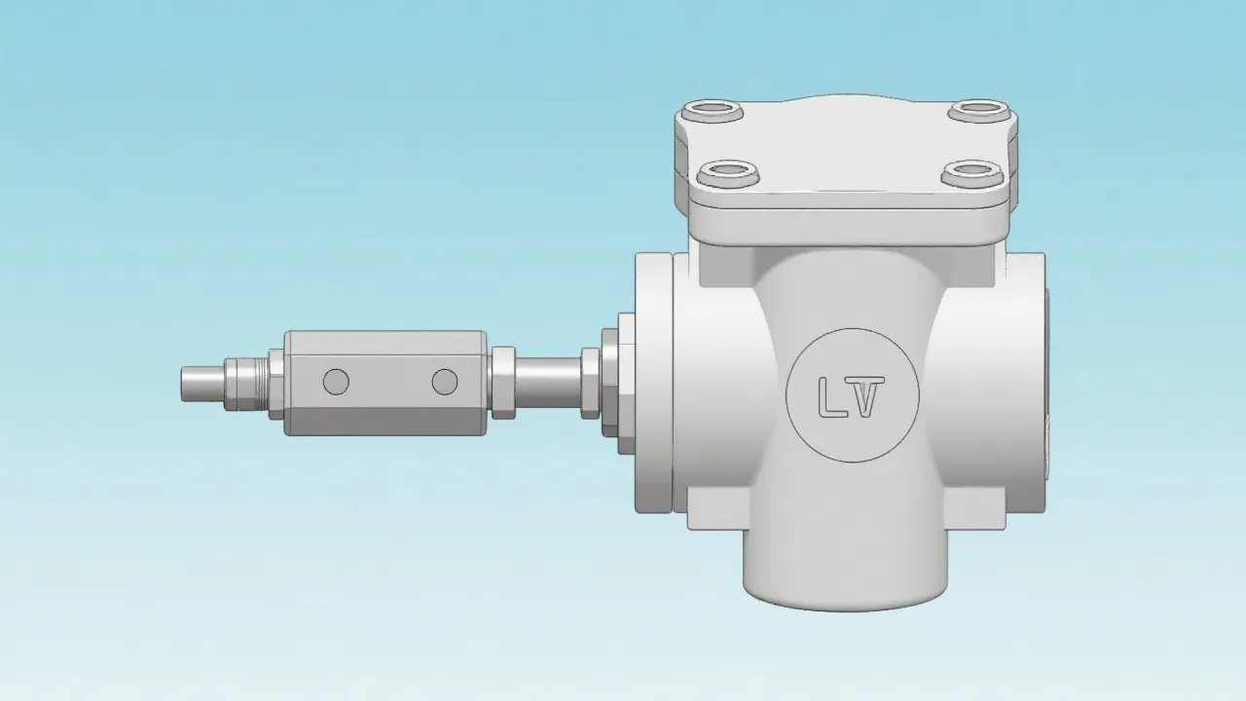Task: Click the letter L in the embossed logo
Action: point(830,396)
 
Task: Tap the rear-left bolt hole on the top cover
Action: point(711,110)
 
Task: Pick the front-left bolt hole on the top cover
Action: point(727,174)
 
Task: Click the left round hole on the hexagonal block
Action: point(336,382)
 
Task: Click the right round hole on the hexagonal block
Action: point(445,382)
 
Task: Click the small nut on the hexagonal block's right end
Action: point(503,382)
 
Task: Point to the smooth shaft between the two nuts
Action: point(547,382)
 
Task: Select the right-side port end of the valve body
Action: point(1022,382)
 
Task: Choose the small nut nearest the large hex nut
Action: point(590,382)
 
